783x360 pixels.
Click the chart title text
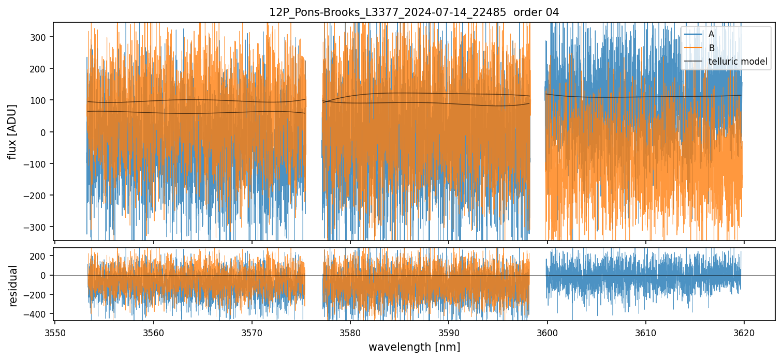(413, 12)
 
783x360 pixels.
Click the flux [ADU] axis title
(12, 131)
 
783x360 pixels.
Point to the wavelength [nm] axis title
(413, 347)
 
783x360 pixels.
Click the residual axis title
(13, 285)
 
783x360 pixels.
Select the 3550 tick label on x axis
(55, 332)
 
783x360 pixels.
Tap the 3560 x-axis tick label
(153, 332)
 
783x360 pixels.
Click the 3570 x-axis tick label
(252, 332)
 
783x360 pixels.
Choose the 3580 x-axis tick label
(350, 332)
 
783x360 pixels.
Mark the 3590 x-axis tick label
(448, 332)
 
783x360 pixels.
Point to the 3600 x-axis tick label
(547, 332)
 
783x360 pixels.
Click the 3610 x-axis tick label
(645, 332)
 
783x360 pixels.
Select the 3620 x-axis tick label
(744, 332)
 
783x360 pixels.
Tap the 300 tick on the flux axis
(41, 37)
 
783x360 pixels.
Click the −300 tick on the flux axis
(38, 227)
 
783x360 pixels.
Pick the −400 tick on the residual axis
(38, 314)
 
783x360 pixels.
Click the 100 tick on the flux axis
(41, 100)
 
